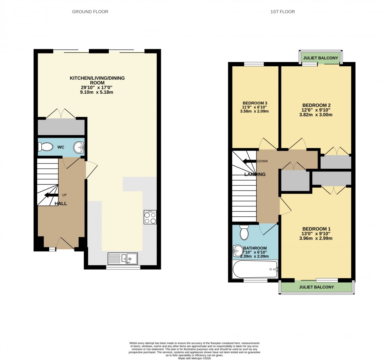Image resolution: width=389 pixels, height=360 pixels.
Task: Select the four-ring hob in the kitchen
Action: (x=150, y=217)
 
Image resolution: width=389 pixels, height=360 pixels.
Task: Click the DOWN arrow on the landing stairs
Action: (x=250, y=161)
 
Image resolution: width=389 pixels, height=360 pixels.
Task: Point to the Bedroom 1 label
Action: (x=316, y=229)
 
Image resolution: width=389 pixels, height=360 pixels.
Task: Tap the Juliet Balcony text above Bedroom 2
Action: (x=321, y=58)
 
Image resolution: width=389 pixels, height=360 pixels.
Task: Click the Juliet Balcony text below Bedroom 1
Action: (x=316, y=287)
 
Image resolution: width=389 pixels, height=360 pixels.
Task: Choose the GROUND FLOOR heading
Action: (x=90, y=12)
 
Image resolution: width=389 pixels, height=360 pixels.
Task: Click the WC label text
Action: (x=61, y=147)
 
